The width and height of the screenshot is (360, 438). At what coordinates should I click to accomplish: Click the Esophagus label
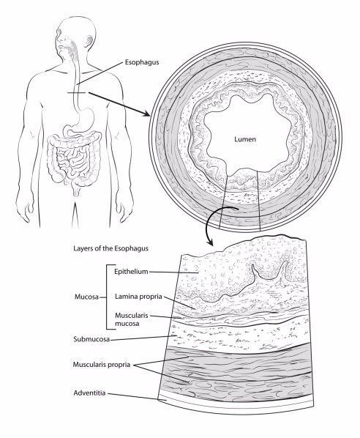click(x=142, y=62)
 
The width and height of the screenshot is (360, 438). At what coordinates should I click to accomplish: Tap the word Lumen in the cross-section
click(x=245, y=139)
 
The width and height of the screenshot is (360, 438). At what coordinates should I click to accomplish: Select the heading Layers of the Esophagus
click(x=110, y=248)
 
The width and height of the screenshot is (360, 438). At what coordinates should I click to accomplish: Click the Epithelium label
click(x=131, y=271)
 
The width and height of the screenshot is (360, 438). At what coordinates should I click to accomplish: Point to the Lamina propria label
click(x=138, y=297)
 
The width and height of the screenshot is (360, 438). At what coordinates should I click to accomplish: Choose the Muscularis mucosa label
click(x=132, y=319)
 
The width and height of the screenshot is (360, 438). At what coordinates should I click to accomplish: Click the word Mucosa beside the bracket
click(x=86, y=297)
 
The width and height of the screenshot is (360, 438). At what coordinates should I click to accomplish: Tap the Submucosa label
click(x=91, y=339)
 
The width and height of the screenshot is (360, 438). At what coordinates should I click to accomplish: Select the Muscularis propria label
click(x=102, y=365)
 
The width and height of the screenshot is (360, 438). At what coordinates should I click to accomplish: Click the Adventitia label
click(x=89, y=393)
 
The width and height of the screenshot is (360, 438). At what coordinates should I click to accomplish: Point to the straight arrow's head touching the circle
click(x=146, y=114)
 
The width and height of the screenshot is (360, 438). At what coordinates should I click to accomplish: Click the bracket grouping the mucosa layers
click(x=107, y=297)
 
